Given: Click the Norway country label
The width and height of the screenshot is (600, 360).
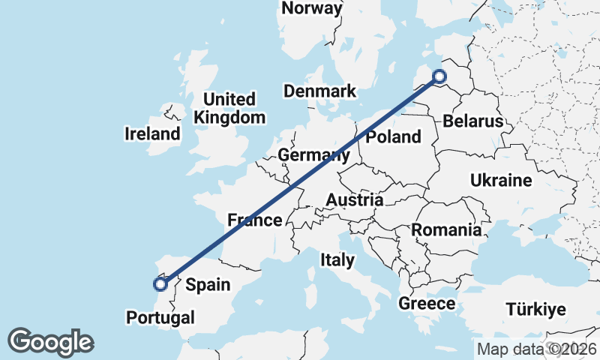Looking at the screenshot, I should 312,9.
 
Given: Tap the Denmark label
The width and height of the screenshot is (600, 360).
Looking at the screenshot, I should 319,91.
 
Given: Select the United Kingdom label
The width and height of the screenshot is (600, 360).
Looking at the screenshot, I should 229,108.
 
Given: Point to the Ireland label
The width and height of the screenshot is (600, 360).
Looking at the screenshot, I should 152,134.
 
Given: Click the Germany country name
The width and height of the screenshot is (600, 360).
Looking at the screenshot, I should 313,155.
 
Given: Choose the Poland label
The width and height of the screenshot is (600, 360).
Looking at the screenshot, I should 393,136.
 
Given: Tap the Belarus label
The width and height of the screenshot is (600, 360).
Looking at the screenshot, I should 472,121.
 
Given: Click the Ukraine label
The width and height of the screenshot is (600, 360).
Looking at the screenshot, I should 501,180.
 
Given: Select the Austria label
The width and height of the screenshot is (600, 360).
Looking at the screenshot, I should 355,200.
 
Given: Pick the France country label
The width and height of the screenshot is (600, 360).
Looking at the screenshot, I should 255,220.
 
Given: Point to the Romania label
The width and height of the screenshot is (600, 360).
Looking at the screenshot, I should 446,230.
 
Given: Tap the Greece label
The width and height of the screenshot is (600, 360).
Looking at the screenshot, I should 427,304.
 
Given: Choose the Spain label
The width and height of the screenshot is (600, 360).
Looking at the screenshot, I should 208,285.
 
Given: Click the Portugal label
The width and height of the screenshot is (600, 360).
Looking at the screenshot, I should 160,317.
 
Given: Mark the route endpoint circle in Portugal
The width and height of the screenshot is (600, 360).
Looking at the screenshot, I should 160,283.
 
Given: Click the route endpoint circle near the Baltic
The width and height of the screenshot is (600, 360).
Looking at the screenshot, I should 439,75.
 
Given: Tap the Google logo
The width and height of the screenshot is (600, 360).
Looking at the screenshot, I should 50,342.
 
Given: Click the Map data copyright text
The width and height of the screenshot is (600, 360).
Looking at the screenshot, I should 536,349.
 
